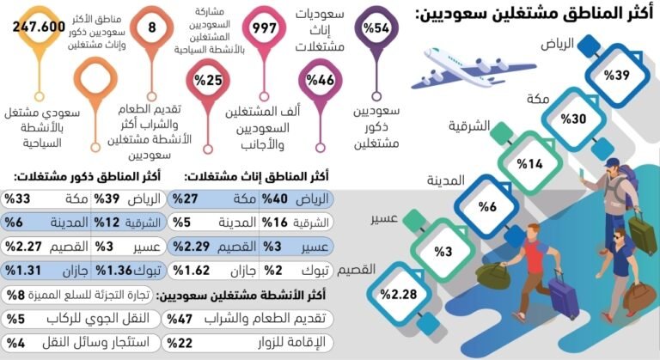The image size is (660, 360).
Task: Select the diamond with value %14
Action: pyautogui.click(x=529, y=163)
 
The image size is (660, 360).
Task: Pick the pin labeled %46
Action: pyautogui.click(x=321, y=82)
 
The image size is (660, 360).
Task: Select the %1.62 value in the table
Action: pyautogui.click(x=191, y=271)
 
